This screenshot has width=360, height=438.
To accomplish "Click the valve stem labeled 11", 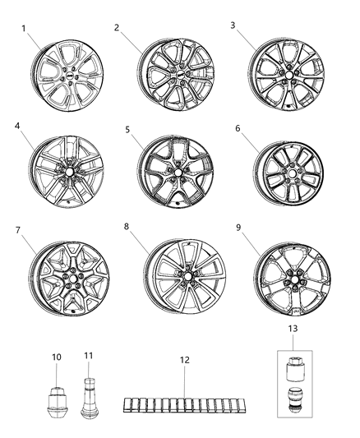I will point(90,399).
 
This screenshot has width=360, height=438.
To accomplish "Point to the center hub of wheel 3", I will point(282,78).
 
